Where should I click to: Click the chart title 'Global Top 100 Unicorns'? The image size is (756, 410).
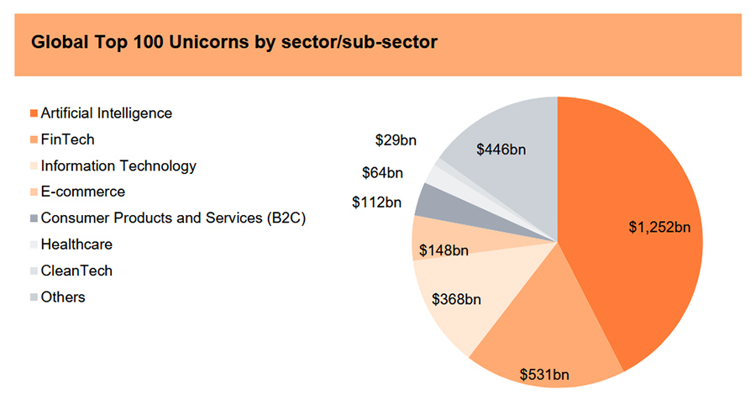click(x=234, y=42)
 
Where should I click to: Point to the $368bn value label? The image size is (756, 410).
click(x=456, y=298)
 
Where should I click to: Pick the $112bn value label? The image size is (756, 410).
click(x=377, y=202)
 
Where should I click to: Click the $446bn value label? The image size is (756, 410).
click(x=501, y=150)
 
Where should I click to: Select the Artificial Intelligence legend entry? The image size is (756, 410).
click(x=106, y=113)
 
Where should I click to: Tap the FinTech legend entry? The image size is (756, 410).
click(x=67, y=139)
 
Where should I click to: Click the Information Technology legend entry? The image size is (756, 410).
click(x=118, y=166)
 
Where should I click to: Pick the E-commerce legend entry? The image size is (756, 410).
click(x=82, y=192)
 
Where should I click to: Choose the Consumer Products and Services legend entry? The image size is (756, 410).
click(x=172, y=218)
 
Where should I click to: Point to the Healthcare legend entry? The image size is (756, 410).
click(x=76, y=244)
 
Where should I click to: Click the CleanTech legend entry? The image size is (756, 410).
click(x=76, y=271)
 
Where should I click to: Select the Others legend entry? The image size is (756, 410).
click(x=62, y=297)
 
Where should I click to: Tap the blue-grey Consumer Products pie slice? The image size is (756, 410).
click(x=430, y=200)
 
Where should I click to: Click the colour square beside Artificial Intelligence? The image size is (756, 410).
click(x=34, y=113)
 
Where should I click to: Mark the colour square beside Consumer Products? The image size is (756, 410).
click(x=34, y=218)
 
